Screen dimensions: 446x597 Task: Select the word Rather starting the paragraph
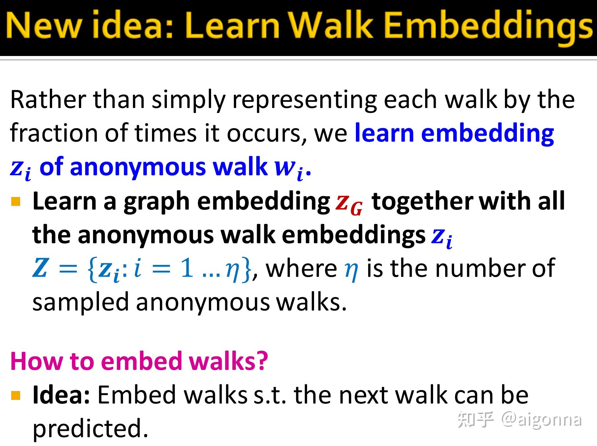(x=48, y=99)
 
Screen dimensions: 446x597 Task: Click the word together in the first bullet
(x=423, y=201)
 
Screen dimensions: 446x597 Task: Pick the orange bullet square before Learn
(x=16, y=201)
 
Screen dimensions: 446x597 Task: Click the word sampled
(x=80, y=303)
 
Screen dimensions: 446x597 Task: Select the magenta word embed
(x=142, y=361)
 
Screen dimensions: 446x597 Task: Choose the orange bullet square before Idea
(x=16, y=395)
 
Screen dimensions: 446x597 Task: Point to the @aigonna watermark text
(x=541, y=420)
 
